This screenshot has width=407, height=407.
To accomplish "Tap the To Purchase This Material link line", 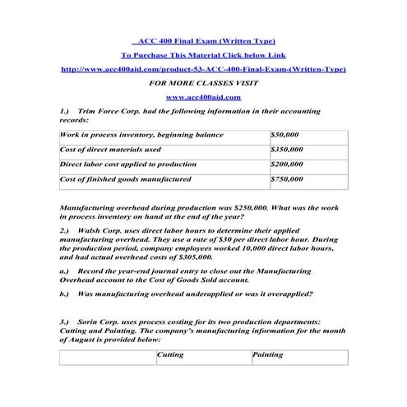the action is pyautogui.click(x=203, y=55).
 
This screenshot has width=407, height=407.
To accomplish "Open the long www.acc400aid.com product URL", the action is pyautogui.click(x=203, y=69).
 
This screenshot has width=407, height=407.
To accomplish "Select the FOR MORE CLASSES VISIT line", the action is pyautogui.click(x=203, y=83).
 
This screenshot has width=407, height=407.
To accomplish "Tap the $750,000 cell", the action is pyautogui.click(x=287, y=178).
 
